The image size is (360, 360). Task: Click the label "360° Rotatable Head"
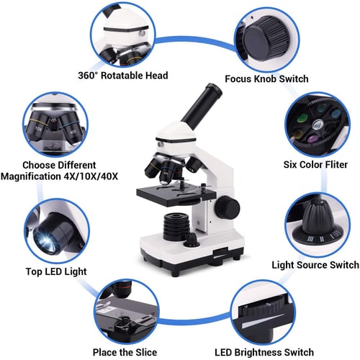pyautogui.click(x=123, y=76)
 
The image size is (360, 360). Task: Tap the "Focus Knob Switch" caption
pyautogui.click(x=266, y=78)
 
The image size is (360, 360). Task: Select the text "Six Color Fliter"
pyautogui.click(x=315, y=165)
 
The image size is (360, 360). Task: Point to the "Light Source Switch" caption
pyautogui.click(x=315, y=265)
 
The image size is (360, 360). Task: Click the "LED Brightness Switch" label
pyautogui.click(x=264, y=352)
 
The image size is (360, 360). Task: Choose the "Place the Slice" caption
pyautogui.click(x=125, y=352)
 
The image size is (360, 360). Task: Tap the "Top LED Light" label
pyautogui.click(x=56, y=271)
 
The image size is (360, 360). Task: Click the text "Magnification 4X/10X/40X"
pyautogui.click(x=59, y=176)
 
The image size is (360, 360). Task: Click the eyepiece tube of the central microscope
pyautogui.click(x=202, y=103)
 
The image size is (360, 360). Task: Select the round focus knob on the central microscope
pyautogui.click(x=227, y=207)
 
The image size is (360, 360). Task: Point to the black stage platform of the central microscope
pyautogui.click(x=176, y=196)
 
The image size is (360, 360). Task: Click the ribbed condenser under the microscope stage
pyautogui.click(x=176, y=225)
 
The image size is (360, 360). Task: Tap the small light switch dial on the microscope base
pyautogui.click(x=192, y=240)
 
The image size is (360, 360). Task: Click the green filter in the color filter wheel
pyautogui.click(x=302, y=118)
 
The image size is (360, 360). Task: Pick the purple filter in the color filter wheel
pyautogui.click(x=312, y=139)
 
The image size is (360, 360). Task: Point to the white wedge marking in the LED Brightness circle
pyautogui.click(x=264, y=320)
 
